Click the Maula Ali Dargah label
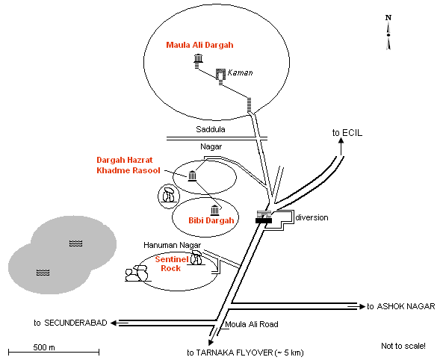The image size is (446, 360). tap(199, 46)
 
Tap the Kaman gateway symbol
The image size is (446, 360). tap(220, 75)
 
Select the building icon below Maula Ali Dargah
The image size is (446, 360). tap(198, 58)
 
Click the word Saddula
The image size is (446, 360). tap(211, 129)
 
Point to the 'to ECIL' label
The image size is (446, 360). tap(347, 133)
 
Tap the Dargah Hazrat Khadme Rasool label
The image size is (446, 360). tap(128, 165)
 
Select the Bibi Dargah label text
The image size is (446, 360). tap(211, 220)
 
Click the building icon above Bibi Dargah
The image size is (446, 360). tap(215, 211)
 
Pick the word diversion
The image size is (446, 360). tap(312, 217)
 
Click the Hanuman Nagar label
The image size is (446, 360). tap(172, 245)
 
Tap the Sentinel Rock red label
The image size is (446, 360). tap(172, 264)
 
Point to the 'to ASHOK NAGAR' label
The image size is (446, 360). tap(401, 306)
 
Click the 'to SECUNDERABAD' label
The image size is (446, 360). tap(70, 323)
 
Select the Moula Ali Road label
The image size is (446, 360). tap(252, 324)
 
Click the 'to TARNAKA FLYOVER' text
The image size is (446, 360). tap(245, 353)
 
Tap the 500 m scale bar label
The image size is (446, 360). tap(44, 347)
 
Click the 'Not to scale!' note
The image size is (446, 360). tap(403, 346)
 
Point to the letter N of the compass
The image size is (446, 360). tap(388, 18)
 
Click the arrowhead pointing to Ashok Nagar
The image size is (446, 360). tap(362, 306)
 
